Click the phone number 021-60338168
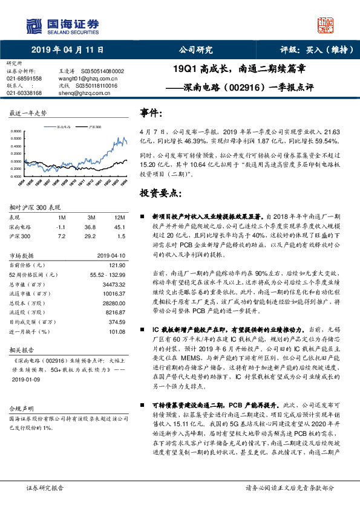[x=24, y=93]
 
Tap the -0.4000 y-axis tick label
[x=19, y=176]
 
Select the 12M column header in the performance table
[x=119, y=216]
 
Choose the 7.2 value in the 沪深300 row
[x=60, y=236]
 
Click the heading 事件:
[x=151, y=113]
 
